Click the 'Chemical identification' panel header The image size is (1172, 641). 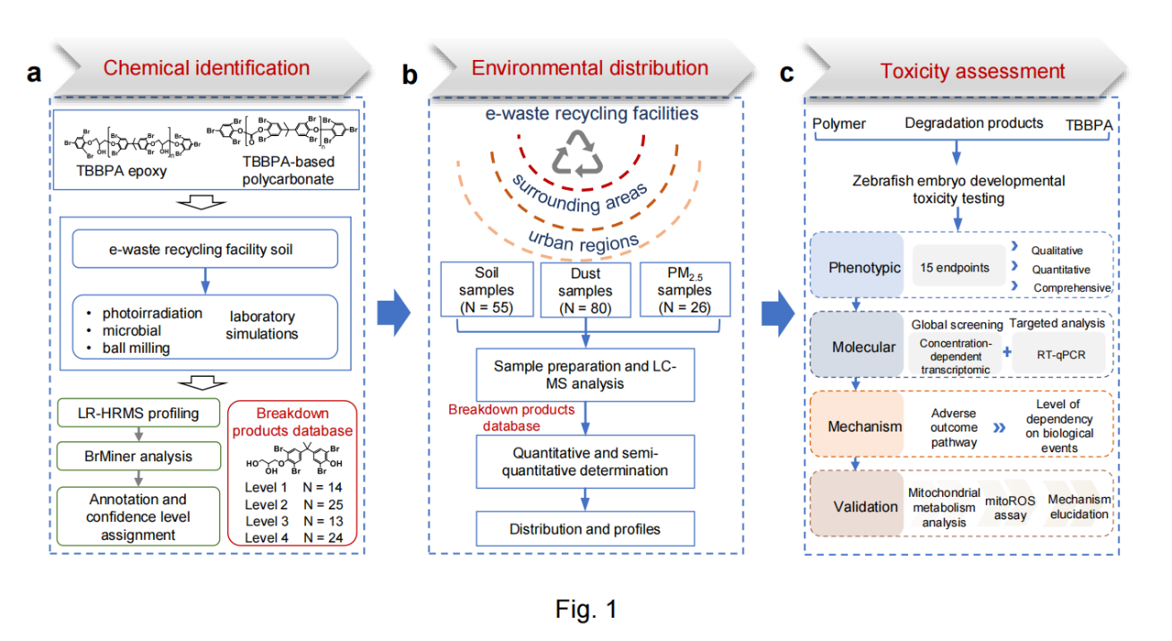207,68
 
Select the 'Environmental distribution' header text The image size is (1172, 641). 590,68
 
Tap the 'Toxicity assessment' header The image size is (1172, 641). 972,72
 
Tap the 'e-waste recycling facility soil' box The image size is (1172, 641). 208,250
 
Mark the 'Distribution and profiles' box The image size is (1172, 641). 585,529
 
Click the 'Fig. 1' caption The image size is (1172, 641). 586,610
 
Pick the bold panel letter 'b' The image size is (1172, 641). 409,73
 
